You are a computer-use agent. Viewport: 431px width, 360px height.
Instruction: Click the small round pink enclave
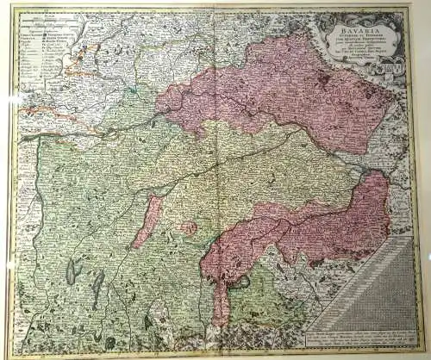(188, 229)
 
